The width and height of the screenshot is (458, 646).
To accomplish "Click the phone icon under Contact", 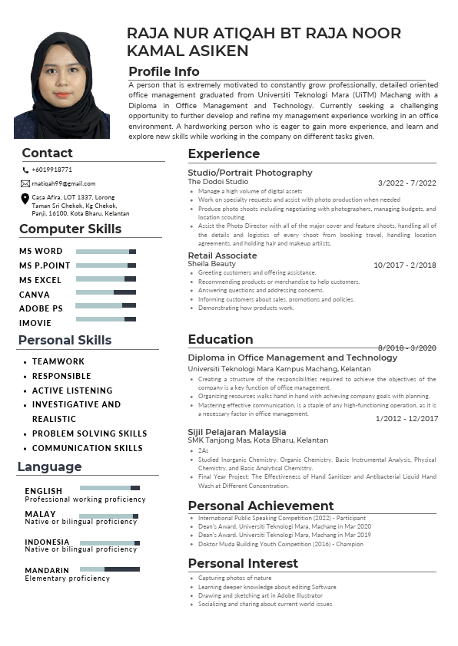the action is click(x=25, y=170).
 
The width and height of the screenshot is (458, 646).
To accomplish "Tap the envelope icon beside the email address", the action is click(x=25, y=184).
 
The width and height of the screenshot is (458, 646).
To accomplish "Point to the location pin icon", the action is click(x=25, y=199).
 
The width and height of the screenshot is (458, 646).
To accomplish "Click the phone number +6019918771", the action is click(x=52, y=170).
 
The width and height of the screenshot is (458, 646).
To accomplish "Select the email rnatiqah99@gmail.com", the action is click(x=64, y=184).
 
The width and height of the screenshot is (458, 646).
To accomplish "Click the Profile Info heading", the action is click(x=164, y=71).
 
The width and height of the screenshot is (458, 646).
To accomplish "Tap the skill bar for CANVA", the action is click(x=106, y=292).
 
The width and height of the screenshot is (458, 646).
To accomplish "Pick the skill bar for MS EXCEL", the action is click(x=106, y=279).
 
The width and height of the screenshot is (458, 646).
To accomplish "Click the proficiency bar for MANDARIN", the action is click(x=110, y=569).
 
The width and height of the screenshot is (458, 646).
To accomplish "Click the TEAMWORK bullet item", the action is click(x=58, y=361).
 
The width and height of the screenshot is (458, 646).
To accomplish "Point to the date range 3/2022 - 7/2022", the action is click(x=407, y=183).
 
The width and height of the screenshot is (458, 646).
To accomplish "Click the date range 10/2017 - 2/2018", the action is click(x=404, y=265).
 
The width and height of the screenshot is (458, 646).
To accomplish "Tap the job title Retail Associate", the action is click(x=222, y=255).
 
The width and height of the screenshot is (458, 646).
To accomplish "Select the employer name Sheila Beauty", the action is click(x=211, y=264).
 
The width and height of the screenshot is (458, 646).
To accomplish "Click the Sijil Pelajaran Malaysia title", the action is click(x=237, y=432).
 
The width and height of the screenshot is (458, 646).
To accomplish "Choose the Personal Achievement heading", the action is click(x=261, y=506).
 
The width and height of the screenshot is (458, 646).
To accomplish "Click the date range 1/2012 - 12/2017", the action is click(x=407, y=419).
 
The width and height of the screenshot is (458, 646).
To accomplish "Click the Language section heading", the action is click(x=49, y=467).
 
